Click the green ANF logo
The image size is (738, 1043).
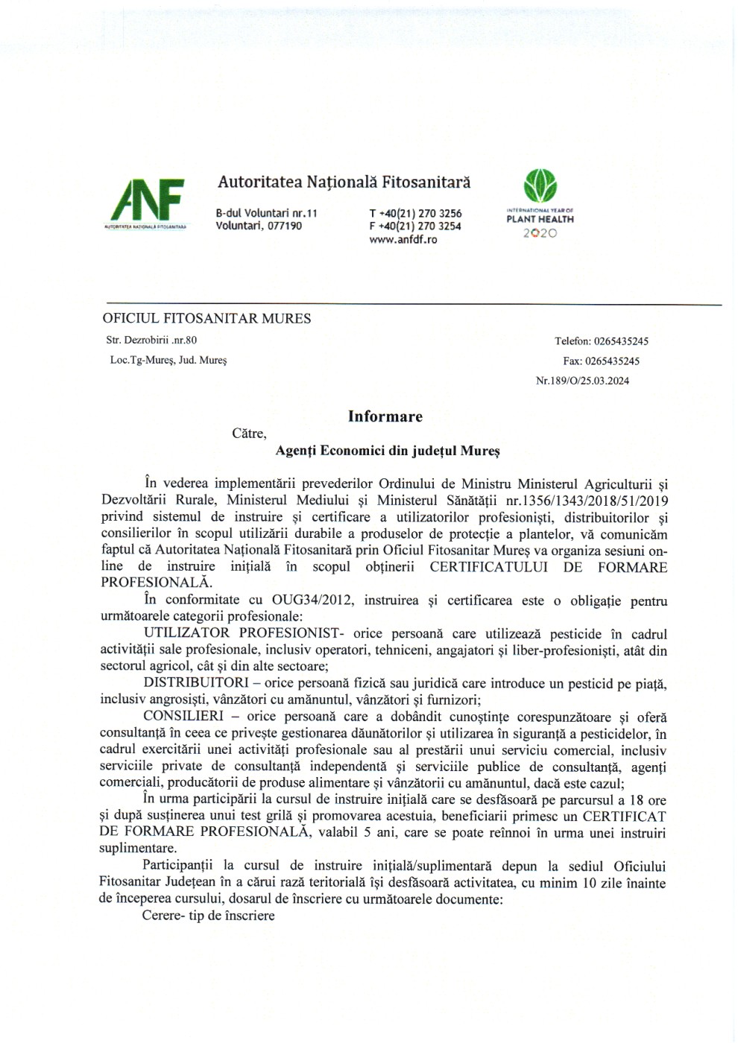point(148,200)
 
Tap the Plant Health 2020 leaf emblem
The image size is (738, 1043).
point(540,186)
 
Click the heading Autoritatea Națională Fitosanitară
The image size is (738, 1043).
point(344,182)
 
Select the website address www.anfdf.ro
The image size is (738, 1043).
point(403,240)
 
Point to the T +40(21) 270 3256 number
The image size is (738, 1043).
point(415,213)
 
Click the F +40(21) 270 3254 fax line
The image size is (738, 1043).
point(415,226)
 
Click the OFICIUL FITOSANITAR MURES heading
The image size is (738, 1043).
point(206,319)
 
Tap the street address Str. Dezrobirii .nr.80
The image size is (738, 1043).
point(151,340)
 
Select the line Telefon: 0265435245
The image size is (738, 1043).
point(601,341)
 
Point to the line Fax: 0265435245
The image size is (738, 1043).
point(601,361)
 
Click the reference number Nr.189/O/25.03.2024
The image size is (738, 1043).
point(582,381)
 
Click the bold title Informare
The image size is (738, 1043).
point(385,416)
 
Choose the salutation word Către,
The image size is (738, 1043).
point(249,434)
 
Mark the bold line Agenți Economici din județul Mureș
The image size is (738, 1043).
point(388,451)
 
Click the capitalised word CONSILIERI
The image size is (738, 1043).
point(183,717)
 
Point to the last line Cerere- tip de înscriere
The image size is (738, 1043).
point(209,916)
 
